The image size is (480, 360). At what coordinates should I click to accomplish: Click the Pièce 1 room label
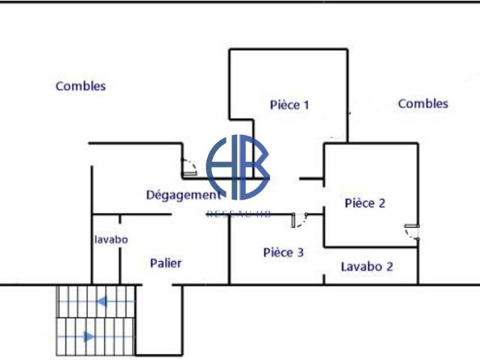pos(289,105)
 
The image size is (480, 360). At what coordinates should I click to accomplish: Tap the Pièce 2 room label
pos(364,202)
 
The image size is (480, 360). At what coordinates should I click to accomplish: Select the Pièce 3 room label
pos(283,253)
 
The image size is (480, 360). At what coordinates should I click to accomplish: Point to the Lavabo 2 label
pos(367,266)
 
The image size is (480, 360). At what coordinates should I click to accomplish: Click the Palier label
pos(166,263)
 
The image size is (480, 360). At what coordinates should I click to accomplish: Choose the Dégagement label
pos(183,195)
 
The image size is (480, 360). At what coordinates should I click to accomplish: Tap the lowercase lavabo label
pos(111,239)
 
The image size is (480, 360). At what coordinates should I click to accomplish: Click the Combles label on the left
pos(80,86)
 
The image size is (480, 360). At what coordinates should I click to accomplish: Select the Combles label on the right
pos(423,103)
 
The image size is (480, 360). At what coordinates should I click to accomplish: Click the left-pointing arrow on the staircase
pos(100,302)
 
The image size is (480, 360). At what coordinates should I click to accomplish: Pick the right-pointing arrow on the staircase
pos(88,337)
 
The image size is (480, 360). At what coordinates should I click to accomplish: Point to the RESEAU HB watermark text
pos(238,214)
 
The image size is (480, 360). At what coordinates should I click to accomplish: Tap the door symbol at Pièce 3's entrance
pos(298,219)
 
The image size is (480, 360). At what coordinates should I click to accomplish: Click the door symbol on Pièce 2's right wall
pos(411,231)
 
